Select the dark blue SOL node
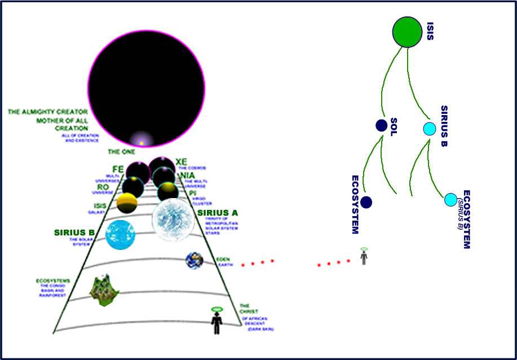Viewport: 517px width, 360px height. pyautogui.click(x=381, y=126)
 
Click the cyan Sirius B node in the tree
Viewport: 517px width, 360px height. pyautogui.click(x=429, y=129)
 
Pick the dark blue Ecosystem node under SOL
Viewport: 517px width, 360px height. pyautogui.click(x=366, y=202)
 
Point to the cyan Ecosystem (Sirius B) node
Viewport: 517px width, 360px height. pyautogui.click(x=450, y=199)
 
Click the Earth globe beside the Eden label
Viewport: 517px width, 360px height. pyautogui.click(x=195, y=260)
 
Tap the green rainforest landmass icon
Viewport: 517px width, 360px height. pyautogui.click(x=104, y=289)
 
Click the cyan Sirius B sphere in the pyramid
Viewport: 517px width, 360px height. pyautogui.click(x=120, y=235)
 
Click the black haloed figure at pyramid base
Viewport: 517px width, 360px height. pyautogui.click(x=216, y=322)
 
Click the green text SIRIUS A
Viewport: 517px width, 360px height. pyautogui.click(x=218, y=213)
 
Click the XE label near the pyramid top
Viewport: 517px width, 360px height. pyautogui.click(x=181, y=162)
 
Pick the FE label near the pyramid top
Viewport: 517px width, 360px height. pyautogui.click(x=118, y=169)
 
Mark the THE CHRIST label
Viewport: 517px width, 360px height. pyautogui.click(x=248, y=308)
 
